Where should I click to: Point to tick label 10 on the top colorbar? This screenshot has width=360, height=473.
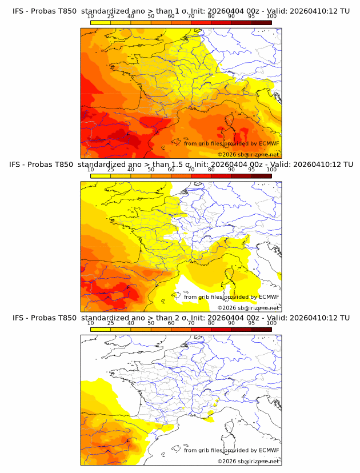click(x=91, y=17)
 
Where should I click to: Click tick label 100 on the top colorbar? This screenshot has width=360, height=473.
click(x=271, y=17)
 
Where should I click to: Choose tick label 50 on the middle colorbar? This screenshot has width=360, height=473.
click(x=151, y=170)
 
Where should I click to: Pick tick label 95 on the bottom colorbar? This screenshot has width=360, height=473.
click(x=251, y=323)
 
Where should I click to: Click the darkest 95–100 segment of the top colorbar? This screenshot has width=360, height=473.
click(x=261, y=22)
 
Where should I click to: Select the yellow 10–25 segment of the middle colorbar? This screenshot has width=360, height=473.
click(x=101, y=176)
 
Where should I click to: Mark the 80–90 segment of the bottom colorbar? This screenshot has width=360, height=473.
click(x=221, y=330)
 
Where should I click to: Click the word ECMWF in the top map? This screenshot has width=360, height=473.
click(x=269, y=143)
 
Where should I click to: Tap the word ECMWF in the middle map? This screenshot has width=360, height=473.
click(x=269, y=296)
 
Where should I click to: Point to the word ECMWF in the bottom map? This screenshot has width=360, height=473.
click(x=269, y=450)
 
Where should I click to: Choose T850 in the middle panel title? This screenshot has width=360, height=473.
click(x=66, y=164)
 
